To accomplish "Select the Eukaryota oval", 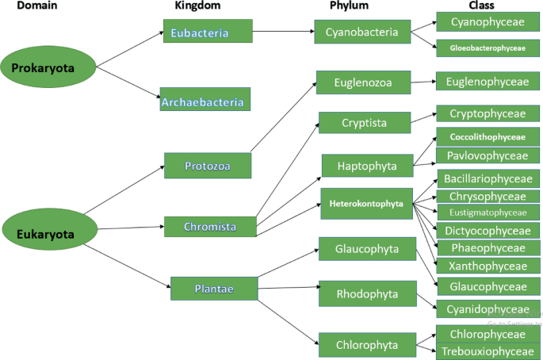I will coord(45,234).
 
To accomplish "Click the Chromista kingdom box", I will coord(210,227).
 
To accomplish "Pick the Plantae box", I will coord(213,289).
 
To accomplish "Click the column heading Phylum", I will coord(350,6).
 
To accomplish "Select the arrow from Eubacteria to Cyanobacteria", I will coord(284,33).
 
